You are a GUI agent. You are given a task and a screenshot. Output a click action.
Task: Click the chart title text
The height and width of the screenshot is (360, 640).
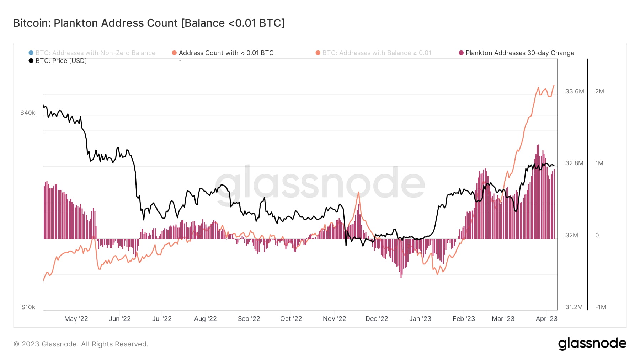click(149, 23)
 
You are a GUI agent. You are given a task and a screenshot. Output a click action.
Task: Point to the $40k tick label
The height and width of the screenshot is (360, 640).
click(28, 113)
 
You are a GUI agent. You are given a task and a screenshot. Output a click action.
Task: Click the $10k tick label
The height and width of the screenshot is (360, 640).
click(28, 307)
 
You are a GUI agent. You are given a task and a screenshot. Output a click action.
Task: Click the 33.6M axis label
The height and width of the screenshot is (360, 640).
click(575, 91)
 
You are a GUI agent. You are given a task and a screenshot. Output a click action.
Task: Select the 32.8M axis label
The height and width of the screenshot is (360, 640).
click(574, 163)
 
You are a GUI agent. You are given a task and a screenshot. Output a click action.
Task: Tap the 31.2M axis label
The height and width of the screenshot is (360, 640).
click(574, 307)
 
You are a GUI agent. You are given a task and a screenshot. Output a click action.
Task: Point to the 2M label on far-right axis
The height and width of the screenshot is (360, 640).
click(599, 91)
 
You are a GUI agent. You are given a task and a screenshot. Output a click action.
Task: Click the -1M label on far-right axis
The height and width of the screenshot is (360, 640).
click(600, 307)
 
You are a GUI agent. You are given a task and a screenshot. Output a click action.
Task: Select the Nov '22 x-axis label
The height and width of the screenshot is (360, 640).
click(334, 319)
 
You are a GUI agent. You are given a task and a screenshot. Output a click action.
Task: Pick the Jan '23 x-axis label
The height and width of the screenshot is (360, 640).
click(420, 319)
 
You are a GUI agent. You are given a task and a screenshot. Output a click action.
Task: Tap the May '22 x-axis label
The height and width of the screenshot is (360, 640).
click(76, 319)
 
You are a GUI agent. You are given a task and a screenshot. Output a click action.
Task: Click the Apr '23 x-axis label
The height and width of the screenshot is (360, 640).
click(546, 319)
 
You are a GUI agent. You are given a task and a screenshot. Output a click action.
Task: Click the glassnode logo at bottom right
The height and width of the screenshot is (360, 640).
click(592, 344)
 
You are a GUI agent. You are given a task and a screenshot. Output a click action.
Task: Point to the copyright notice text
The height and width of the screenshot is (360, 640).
click(81, 344)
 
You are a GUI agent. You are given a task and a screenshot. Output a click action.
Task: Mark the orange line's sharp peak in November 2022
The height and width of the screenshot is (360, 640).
click(358, 192)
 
